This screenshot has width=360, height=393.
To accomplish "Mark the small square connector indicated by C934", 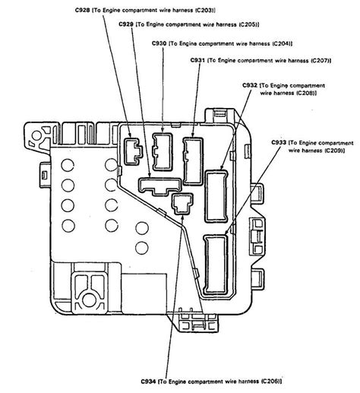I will pyautogui.click(x=182, y=203).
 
